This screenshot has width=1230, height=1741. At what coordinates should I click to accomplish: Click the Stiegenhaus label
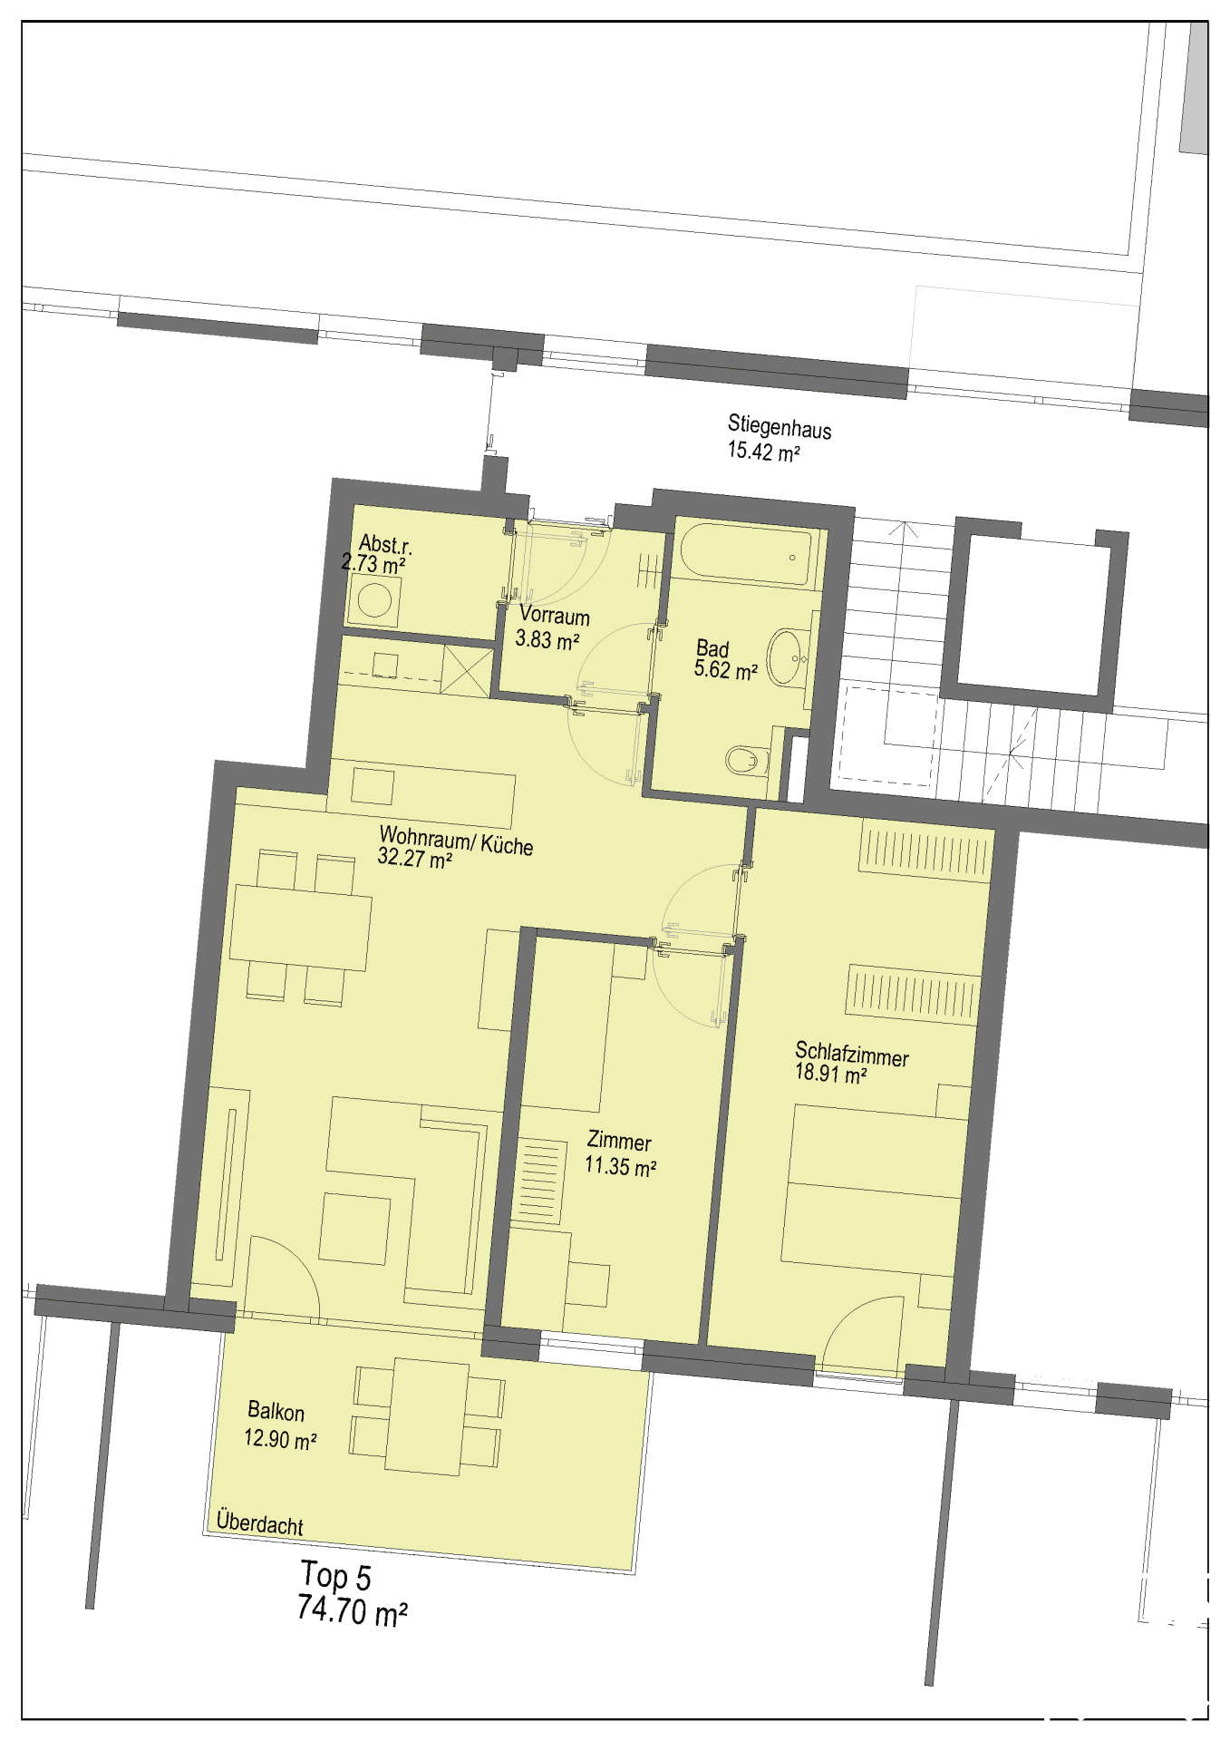(x=780, y=425)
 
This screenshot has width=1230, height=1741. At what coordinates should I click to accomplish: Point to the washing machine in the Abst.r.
(x=374, y=600)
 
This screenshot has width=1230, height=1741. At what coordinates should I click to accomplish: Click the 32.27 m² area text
(x=415, y=858)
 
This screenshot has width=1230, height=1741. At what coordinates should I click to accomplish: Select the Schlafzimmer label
(x=852, y=1054)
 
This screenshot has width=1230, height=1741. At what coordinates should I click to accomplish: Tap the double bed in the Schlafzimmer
(x=874, y=1188)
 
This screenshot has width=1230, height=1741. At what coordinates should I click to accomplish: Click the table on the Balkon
(x=427, y=1416)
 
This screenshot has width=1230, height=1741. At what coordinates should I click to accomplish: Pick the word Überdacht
(x=260, y=1523)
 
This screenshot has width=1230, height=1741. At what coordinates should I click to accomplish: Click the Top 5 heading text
(x=335, y=1576)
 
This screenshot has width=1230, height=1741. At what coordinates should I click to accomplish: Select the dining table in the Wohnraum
(x=300, y=927)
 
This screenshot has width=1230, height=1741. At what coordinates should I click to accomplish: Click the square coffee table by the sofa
(x=354, y=1228)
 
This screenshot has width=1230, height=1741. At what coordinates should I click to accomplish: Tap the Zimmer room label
(x=619, y=1140)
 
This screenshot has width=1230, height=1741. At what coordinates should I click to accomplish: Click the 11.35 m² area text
(x=620, y=1166)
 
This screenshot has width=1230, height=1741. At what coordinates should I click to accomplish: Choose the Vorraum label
(x=555, y=616)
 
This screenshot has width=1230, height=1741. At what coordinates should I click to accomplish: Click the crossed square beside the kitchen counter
(x=467, y=670)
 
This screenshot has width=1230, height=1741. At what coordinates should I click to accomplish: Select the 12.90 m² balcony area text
(x=280, y=1438)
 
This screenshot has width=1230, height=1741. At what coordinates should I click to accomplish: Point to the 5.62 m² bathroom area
(x=726, y=671)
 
